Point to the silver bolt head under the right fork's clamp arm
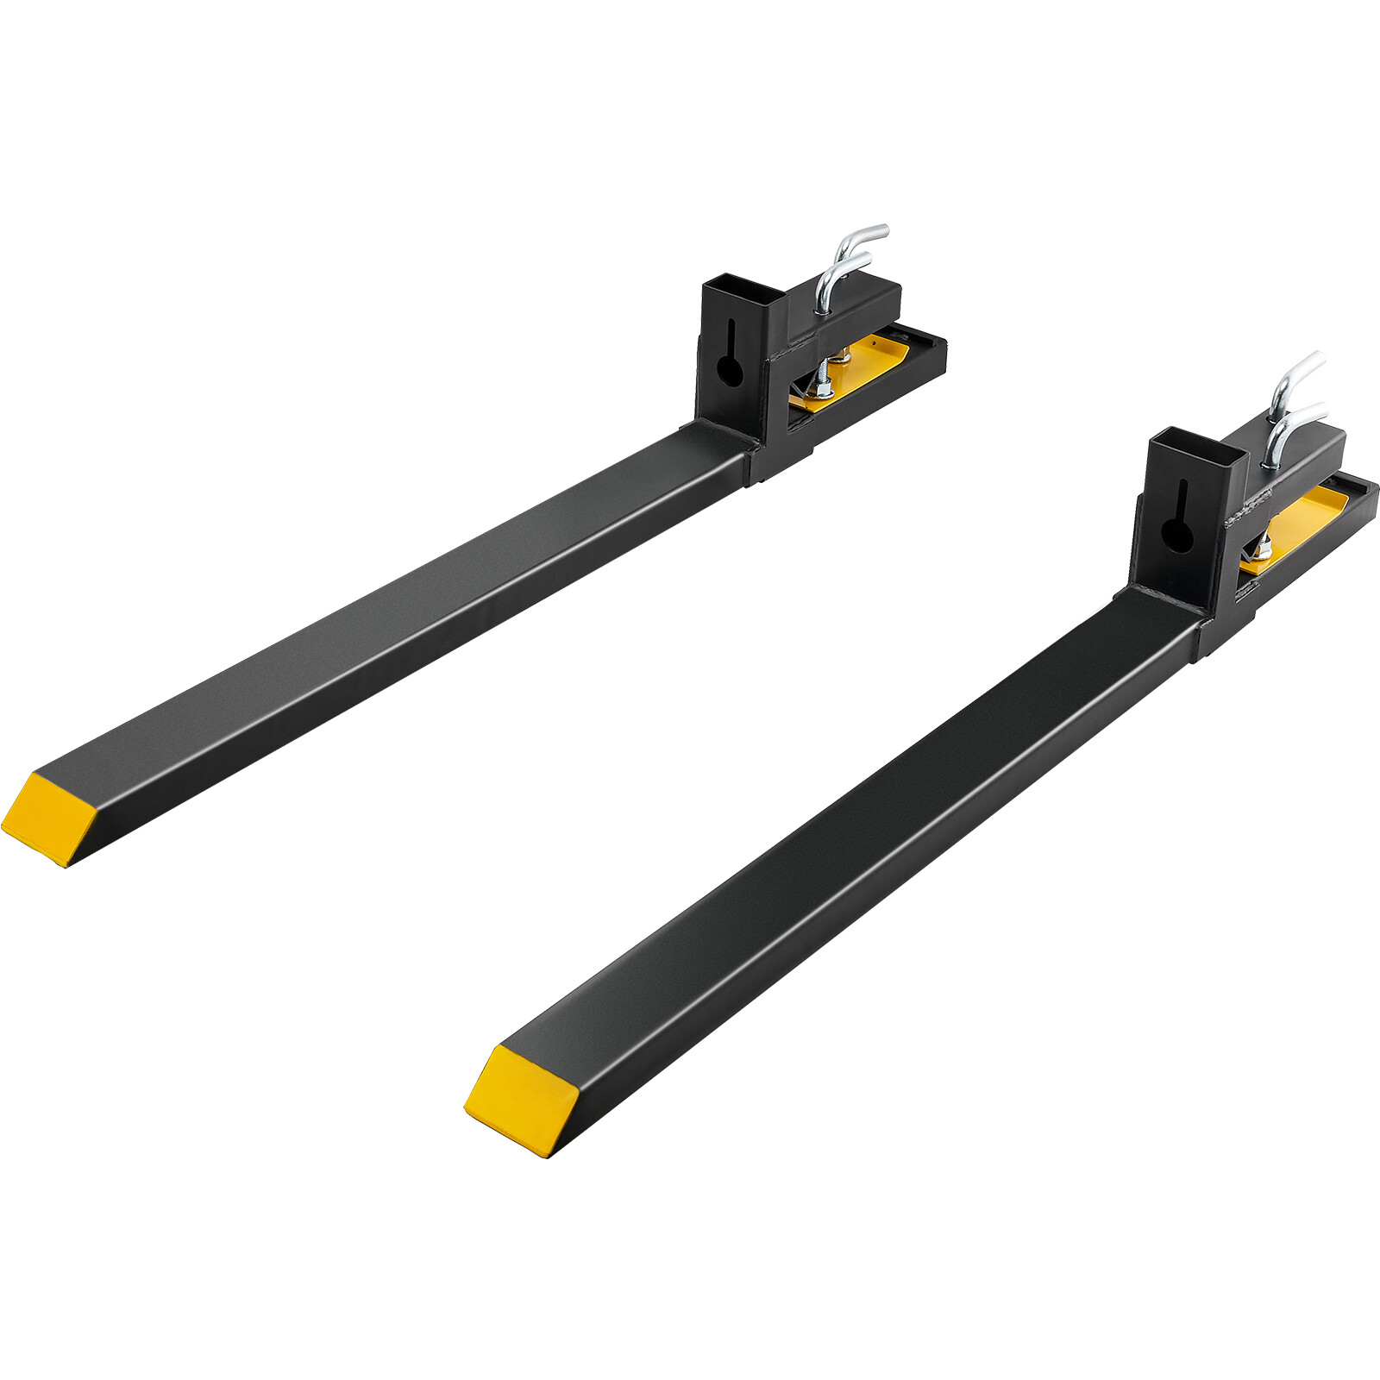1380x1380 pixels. click(1261, 545)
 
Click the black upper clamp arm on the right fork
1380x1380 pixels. click(1302, 461)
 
